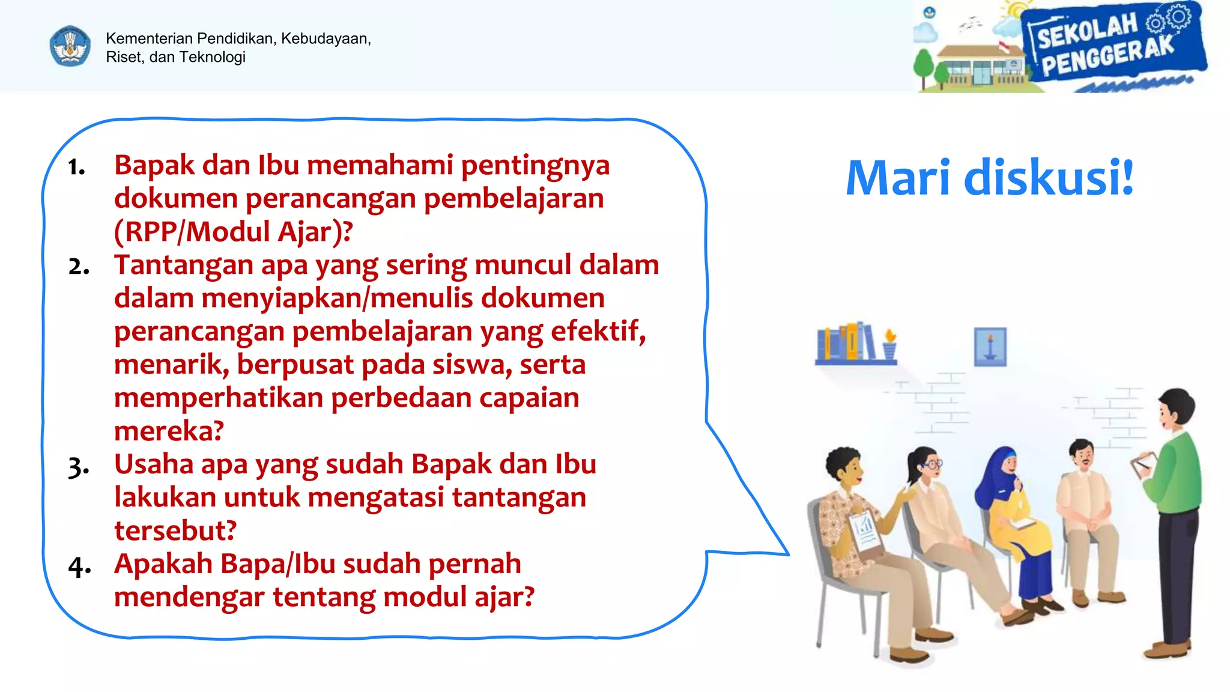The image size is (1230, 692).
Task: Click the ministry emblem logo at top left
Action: pos(70,46)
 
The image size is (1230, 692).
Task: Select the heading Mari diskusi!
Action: pos(989,178)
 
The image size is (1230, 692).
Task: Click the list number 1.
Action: pos(76,167)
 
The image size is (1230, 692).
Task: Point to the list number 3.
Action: pos(78,467)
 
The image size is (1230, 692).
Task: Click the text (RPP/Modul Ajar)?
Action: pos(234,232)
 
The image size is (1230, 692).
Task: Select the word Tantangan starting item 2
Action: pos(184,265)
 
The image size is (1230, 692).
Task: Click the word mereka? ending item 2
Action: pos(169,431)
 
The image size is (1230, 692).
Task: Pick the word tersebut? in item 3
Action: pos(175,530)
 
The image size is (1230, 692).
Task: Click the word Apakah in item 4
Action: pos(163,564)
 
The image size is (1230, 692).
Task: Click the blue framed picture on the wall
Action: pos(990,347)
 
